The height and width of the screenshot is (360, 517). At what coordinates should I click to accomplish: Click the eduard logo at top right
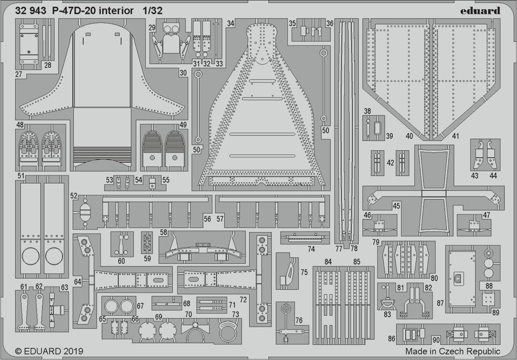481,11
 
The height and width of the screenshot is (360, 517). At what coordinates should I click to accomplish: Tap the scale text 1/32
153,11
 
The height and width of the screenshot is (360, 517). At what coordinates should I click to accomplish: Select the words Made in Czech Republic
453,351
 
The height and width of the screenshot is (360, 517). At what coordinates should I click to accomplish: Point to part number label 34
230,23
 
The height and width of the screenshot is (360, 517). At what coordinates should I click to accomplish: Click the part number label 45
396,206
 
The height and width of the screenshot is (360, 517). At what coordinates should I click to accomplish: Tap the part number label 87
440,302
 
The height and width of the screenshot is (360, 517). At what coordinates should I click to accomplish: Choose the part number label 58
164,232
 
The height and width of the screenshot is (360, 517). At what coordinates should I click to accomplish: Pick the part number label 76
299,320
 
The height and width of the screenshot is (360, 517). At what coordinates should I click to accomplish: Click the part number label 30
183,73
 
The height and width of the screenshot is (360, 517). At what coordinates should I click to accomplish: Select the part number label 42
390,163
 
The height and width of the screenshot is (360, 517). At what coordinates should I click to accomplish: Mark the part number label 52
73,196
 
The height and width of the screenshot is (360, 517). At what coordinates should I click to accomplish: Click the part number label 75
304,272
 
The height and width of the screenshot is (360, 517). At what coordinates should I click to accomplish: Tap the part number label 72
243,300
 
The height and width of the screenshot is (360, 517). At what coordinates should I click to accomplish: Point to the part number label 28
48,65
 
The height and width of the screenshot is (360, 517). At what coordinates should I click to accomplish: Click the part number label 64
77,282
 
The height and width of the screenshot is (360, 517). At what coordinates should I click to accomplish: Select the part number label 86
391,338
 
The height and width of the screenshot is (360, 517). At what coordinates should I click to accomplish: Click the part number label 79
376,242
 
